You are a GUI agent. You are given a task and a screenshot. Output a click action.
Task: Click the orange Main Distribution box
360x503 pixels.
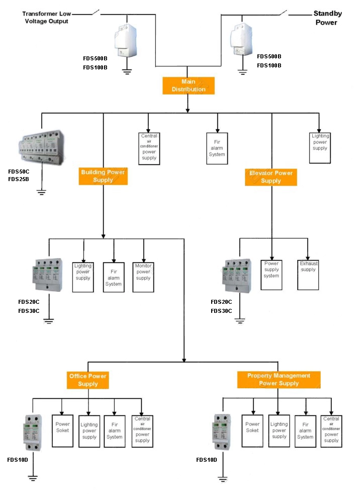(188, 86)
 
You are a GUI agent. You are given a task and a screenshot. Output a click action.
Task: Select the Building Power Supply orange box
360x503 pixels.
(103, 176)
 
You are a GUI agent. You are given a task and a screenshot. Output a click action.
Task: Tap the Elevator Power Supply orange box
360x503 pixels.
(271, 177)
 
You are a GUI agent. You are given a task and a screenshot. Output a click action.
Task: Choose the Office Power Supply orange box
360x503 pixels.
(87, 380)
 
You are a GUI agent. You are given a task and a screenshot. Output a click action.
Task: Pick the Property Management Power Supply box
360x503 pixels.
(279, 379)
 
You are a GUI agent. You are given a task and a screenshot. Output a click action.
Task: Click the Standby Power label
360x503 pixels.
(327, 18)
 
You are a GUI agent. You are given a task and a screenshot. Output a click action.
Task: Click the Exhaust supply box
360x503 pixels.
(308, 275)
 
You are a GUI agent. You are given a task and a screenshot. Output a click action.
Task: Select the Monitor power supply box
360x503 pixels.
(143, 277)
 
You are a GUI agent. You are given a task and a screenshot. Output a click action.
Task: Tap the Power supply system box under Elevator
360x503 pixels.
(272, 275)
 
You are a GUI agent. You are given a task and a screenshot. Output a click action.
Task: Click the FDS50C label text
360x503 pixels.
(19, 172)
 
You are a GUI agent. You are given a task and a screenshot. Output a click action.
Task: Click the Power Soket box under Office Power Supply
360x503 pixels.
(63, 431)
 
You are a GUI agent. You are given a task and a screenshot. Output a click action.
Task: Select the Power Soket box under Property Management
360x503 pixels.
(252, 431)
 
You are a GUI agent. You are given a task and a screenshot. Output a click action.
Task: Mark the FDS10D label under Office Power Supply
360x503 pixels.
(18, 460)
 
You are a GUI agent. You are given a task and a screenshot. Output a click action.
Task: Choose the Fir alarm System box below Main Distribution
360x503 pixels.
(217, 148)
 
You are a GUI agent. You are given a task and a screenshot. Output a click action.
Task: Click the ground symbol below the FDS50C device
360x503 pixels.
(41, 192)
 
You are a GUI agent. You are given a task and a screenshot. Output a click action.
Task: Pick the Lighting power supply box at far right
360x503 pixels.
(320, 147)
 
